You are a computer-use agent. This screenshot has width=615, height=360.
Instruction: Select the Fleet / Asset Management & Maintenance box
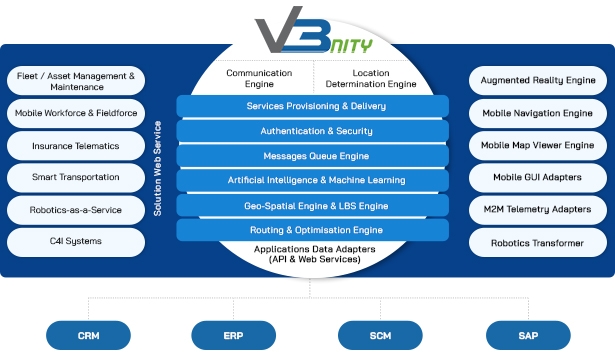(x=76, y=81)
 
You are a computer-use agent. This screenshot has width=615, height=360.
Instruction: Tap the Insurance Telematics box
(x=76, y=146)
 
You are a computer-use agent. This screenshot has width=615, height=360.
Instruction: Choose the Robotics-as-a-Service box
(x=76, y=210)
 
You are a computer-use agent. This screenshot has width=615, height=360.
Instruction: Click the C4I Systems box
(x=76, y=242)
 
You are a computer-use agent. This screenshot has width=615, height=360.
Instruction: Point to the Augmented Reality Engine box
(x=537, y=81)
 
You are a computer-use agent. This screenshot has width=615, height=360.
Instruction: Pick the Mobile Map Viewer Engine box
(x=537, y=146)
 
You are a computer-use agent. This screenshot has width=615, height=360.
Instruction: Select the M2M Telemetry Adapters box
(x=537, y=210)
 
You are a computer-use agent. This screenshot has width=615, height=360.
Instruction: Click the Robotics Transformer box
(x=537, y=243)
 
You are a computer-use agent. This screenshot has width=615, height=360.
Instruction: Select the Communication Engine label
(x=259, y=78)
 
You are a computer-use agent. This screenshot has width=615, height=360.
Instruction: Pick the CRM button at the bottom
(x=89, y=334)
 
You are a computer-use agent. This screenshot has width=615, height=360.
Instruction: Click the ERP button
(x=233, y=334)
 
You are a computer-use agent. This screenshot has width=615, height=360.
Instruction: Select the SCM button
(x=379, y=334)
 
